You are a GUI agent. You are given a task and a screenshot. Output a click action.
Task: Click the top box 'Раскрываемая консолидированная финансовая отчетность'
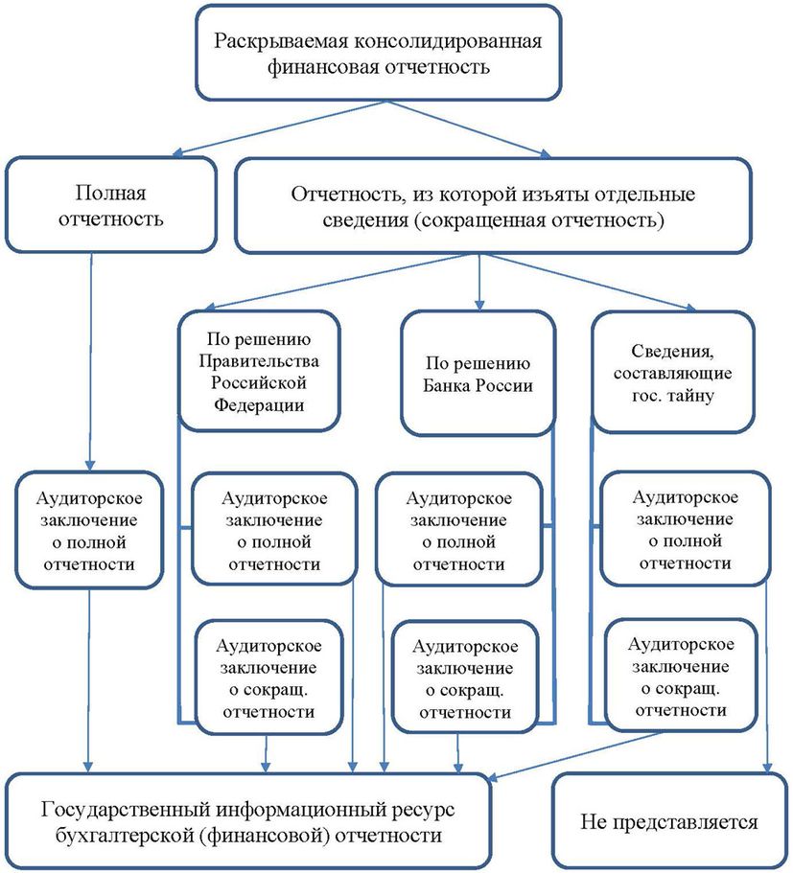[x=378, y=54]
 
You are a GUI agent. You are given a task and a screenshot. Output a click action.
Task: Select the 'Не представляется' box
[x=668, y=821]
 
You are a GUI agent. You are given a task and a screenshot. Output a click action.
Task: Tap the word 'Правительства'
[x=258, y=361]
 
